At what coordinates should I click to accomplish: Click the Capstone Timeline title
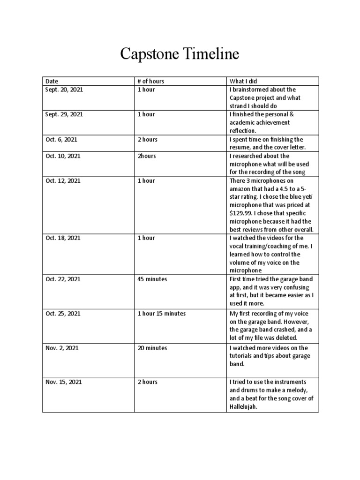coord(180,54)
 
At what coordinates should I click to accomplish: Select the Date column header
coord(52,81)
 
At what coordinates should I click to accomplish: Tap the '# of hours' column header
coord(150,81)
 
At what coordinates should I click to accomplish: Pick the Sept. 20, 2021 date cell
coord(64,90)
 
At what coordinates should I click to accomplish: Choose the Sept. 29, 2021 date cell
coord(64,114)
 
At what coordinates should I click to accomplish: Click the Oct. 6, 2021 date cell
coord(61,140)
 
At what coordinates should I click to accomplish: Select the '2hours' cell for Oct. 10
coord(147,156)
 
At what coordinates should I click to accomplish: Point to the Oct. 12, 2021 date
coord(62,181)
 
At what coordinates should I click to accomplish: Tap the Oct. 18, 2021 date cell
coord(62,238)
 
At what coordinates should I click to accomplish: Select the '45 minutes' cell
coord(152,279)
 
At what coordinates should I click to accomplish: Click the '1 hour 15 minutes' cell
coord(161,313)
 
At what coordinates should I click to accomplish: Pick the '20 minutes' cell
coord(152,348)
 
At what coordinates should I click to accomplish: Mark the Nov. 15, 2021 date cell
coord(63,382)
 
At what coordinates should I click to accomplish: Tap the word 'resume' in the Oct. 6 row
coord(239,148)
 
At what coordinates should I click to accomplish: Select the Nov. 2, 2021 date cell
coord(62,348)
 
